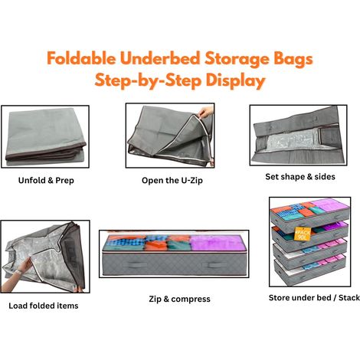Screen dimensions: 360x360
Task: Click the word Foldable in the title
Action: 81,58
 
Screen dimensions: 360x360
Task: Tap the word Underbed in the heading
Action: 160,58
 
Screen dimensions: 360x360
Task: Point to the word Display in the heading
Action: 236,80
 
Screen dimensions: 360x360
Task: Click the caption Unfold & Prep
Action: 46,180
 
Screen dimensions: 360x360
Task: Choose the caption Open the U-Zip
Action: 172,180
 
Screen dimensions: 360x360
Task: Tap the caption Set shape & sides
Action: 300,176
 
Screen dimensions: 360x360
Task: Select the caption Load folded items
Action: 44,306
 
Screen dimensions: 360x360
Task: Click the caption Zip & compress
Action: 180,299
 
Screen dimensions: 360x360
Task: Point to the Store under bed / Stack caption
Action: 314,298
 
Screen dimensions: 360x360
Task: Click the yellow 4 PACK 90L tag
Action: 303,234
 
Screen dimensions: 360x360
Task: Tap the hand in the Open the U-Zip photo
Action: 205,112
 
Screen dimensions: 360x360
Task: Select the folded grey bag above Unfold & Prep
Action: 45,137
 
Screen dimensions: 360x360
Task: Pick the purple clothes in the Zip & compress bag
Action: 217,242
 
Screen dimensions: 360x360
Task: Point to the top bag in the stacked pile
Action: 310,214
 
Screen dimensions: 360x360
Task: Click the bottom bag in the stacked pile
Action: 309,272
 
